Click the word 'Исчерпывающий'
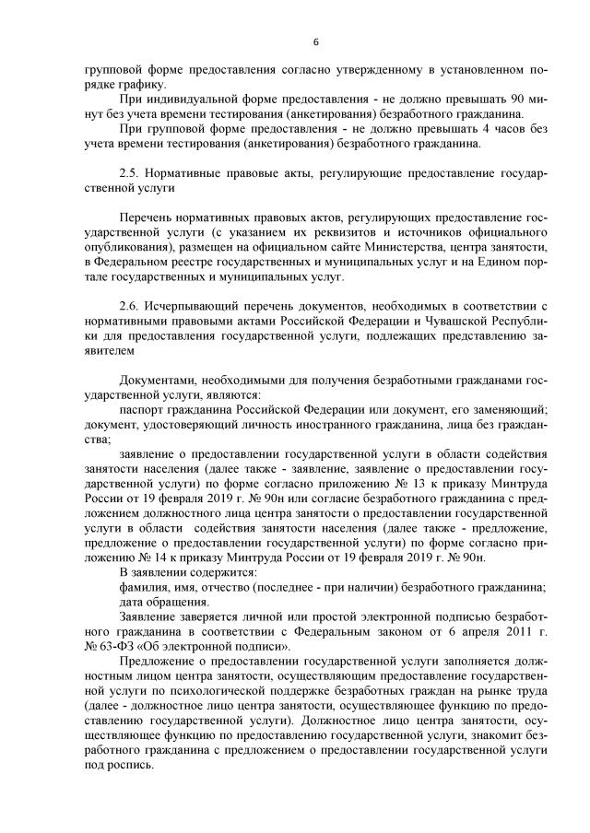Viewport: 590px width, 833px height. coord(194,305)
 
